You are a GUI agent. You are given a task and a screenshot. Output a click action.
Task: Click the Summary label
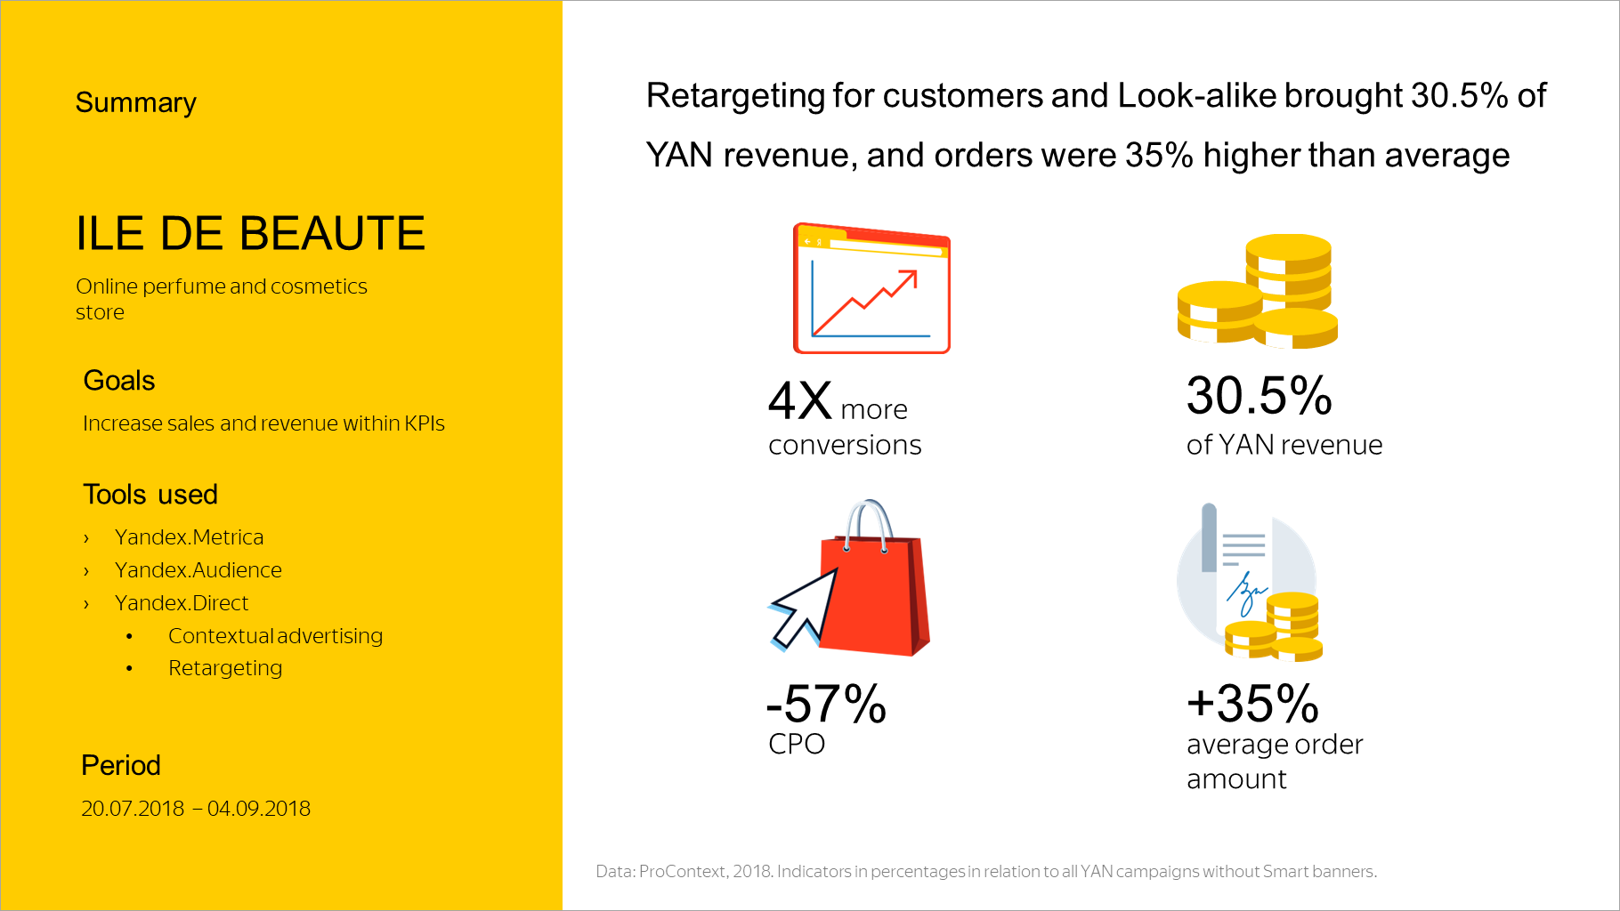click(x=135, y=103)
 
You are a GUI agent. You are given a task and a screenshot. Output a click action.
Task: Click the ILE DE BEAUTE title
click(x=250, y=234)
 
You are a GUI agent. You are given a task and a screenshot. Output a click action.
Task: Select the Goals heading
click(x=118, y=381)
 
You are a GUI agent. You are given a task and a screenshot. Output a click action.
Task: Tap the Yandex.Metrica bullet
click(x=189, y=537)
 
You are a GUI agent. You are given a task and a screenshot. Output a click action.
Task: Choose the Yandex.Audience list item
click(x=198, y=570)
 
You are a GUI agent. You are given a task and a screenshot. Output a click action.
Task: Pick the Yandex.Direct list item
click(x=181, y=603)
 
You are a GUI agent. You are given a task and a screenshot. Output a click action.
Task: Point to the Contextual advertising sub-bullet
click(x=275, y=636)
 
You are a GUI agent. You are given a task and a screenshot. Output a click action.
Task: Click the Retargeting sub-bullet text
click(x=225, y=668)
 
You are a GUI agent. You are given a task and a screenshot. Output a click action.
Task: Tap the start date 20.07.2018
click(x=133, y=809)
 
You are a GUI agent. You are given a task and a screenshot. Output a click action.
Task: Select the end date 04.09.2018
click(x=259, y=809)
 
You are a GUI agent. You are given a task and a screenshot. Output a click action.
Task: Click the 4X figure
click(x=799, y=401)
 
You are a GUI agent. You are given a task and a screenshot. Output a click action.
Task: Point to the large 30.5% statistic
click(x=1259, y=396)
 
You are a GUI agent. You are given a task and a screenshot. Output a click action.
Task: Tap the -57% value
click(x=826, y=705)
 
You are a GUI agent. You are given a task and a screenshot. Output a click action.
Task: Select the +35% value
click(x=1252, y=704)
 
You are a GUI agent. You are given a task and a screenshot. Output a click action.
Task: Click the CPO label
click(x=797, y=744)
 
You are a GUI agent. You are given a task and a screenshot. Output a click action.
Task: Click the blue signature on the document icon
click(x=1245, y=592)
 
